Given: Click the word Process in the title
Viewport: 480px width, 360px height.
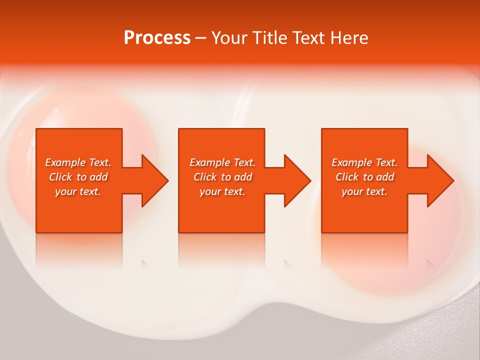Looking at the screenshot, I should coord(157,38).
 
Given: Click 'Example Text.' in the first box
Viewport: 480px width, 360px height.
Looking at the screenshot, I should coord(78,162).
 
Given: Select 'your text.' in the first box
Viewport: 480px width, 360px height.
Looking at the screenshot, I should coord(78,191).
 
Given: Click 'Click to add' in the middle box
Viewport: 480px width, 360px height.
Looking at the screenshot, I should coord(222,177).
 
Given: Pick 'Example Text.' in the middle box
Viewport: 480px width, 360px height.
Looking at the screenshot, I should coord(222,162).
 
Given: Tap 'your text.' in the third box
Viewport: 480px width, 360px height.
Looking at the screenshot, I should coord(364,191).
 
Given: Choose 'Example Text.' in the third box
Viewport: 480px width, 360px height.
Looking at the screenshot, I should coord(364,162).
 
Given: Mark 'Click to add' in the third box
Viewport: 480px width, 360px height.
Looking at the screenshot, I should coord(364,177).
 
